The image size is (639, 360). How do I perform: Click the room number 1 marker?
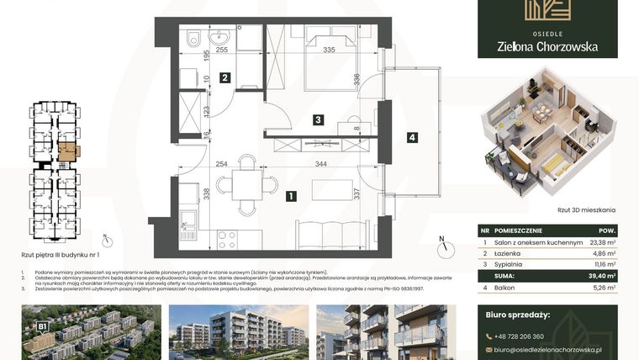[290, 197]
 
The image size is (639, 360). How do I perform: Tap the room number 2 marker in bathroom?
[225, 78]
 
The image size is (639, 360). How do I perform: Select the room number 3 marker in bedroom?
[318, 120]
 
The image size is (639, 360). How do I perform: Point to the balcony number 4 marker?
[411, 137]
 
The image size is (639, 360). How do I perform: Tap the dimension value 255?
[222, 50]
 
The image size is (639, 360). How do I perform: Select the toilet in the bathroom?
[193, 37]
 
